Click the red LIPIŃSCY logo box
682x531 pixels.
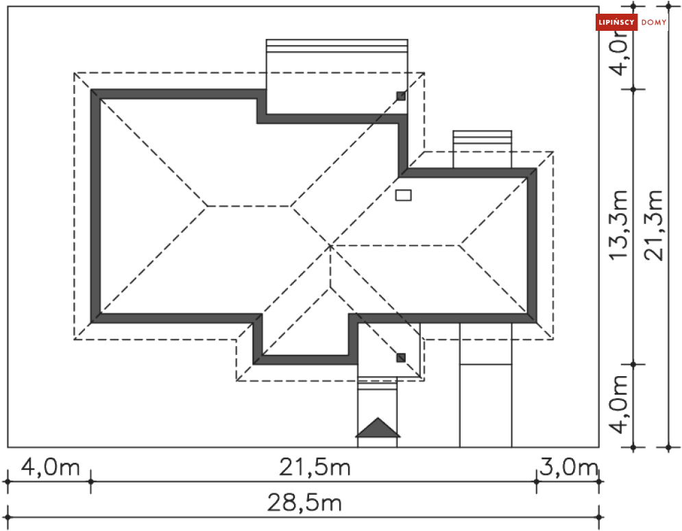(x=616, y=22)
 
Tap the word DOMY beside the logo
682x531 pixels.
(x=654, y=23)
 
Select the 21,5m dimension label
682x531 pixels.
(x=315, y=468)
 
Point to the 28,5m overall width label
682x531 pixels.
(x=304, y=503)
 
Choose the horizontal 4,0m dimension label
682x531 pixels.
(x=51, y=467)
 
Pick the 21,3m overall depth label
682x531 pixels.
(x=654, y=225)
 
